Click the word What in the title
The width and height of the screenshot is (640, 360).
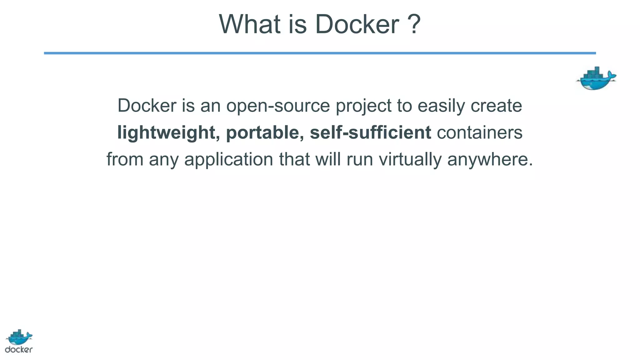(249, 24)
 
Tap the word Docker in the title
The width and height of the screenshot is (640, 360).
(357, 24)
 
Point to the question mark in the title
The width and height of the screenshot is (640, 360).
(414, 24)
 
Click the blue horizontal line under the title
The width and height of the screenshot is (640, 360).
(320, 53)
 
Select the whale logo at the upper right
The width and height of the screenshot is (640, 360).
(596, 79)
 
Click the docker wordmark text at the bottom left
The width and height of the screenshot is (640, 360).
(19, 349)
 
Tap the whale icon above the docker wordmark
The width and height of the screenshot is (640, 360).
(19, 337)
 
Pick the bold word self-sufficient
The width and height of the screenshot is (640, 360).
(370, 132)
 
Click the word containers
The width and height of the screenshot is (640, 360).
(479, 132)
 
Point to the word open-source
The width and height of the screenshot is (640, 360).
(278, 106)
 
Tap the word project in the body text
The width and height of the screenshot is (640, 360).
(363, 106)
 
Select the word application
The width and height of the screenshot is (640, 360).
(228, 159)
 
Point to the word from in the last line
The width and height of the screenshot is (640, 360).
(125, 159)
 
